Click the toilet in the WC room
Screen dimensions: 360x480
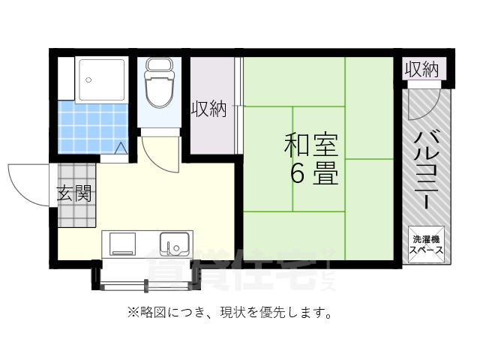click(158, 88)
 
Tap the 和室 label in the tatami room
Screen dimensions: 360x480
click(310, 145)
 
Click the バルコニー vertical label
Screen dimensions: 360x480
click(427, 169)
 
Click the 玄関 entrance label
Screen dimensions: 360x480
click(74, 194)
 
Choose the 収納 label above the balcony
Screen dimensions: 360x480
click(421, 70)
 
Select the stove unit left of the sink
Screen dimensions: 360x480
click(122, 243)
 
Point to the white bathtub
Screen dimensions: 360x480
click(103, 78)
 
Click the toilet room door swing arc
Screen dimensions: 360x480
click(159, 154)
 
